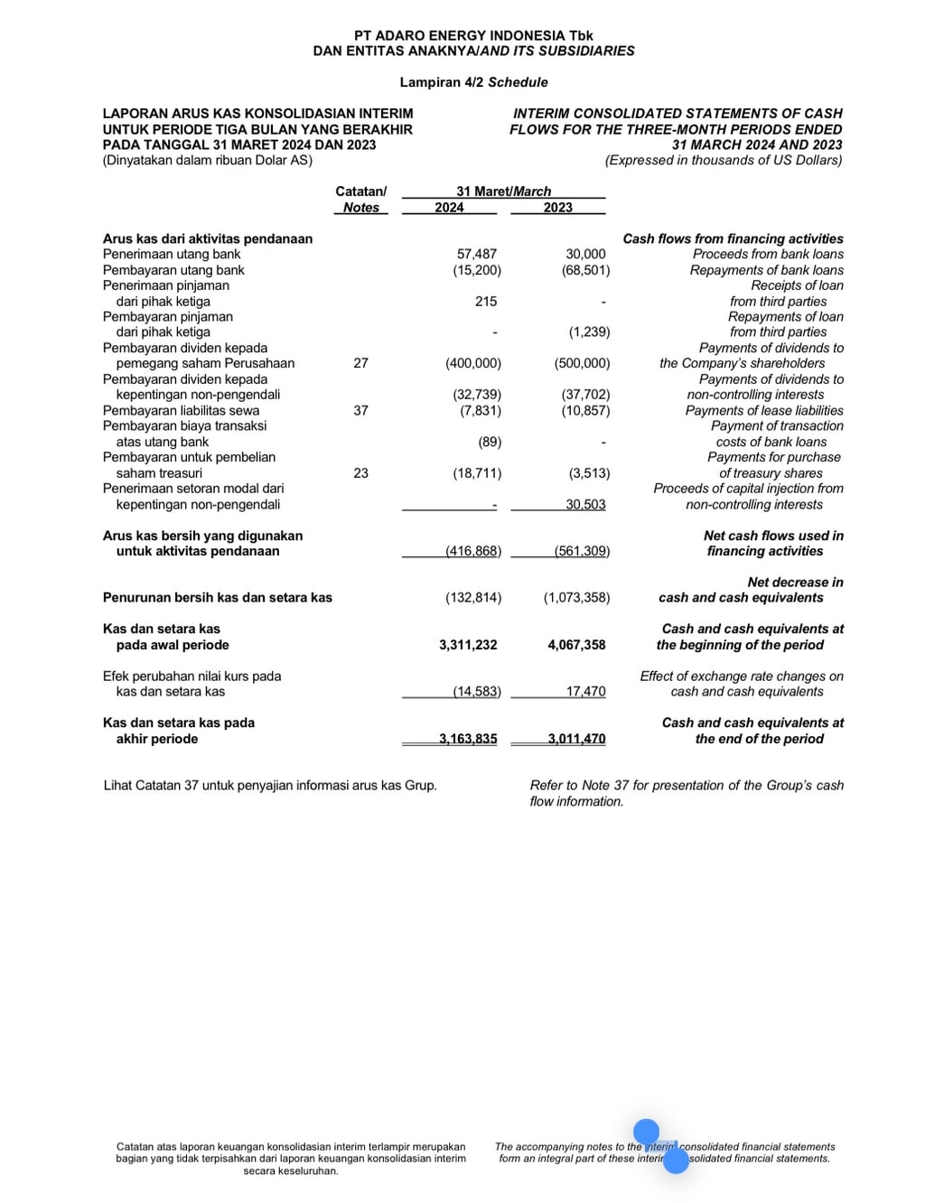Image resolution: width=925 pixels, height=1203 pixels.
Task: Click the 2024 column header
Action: pos(449,208)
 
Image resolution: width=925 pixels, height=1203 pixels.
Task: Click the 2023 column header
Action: pos(557,208)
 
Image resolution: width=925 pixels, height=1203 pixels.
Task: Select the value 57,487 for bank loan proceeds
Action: pos(477,255)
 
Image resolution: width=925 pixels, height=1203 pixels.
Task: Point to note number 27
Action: pos(360,363)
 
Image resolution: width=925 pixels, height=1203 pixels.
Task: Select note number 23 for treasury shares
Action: pos(360,473)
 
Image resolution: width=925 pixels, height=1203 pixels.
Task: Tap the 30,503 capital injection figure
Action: pos(585,505)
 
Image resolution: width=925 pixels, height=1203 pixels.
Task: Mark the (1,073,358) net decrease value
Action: pos(576,598)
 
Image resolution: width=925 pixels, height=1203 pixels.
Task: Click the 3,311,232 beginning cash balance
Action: pos(468,645)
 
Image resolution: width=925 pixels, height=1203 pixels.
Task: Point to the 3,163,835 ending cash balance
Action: pos(468,739)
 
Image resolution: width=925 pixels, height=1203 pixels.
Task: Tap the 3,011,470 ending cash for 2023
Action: pos(576,739)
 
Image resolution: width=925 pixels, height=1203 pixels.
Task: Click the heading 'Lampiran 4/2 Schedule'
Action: pos(473,82)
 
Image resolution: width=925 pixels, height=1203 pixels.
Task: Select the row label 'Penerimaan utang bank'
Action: pos(172,255)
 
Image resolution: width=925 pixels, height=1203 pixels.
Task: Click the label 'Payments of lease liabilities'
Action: pos(764,411)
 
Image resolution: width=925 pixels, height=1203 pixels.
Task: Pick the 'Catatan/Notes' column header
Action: pos(360,200)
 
